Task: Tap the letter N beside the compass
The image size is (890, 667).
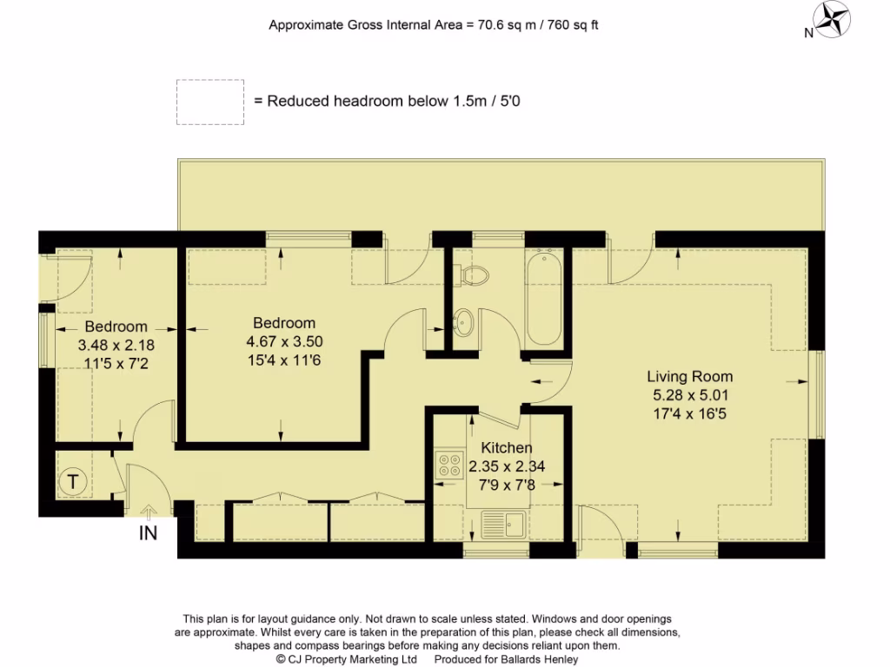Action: pyautogui.click(x=808, y=34)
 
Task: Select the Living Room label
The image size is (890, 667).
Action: pyautogui.click(x=689, y=377)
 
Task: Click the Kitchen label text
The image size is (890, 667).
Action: pyautogui.click(x=507, y=448)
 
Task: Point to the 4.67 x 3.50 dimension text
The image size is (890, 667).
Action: pyautogui.click(x=285, y=342)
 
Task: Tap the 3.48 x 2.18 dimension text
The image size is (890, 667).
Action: pyautogui.click(x=116, y=345)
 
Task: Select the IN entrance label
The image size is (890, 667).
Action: pyautogui.click(x=149, y=533)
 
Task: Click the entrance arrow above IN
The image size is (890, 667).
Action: pyautogui.click(x=149, y=513)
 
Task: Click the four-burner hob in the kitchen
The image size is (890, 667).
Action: pyautogui.click(x=449, y=464)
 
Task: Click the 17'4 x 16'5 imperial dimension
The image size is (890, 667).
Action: pyautogui.click(x=689, y=414)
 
